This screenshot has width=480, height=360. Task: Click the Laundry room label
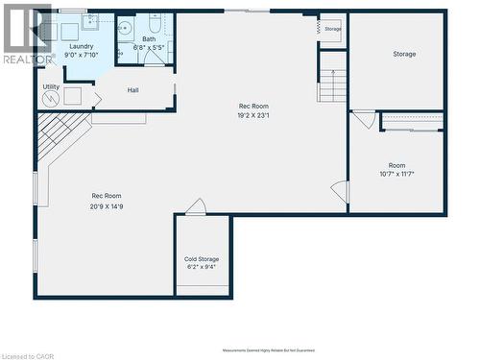[81, 45]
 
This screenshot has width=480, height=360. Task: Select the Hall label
[133, 90]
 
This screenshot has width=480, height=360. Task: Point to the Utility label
[51, 87]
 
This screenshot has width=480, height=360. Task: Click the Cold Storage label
[202, 259]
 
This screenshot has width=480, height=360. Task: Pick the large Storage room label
[404, 54]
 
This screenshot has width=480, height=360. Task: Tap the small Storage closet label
[332, 29]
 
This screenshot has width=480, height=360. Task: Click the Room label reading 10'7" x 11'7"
[396, 165]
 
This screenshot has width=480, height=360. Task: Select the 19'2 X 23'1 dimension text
[253, 116]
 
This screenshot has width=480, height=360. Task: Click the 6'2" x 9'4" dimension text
[202, 269]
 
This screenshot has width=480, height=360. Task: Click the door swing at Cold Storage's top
[196, 206]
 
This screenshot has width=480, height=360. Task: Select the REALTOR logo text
[28, 60]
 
